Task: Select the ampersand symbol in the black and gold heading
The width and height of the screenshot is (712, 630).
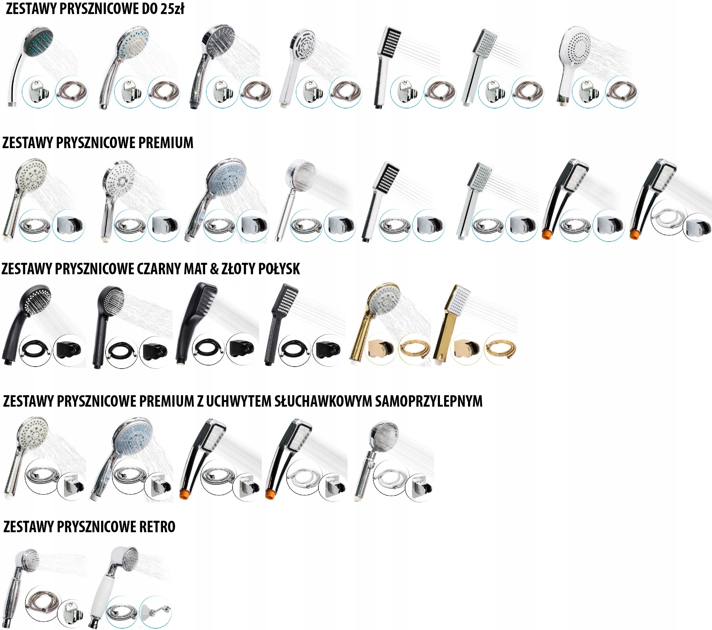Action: tap(215, 269)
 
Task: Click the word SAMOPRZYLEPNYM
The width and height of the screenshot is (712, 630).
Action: tap(429, 401)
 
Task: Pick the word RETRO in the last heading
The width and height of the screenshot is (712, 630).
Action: tap(157, 526)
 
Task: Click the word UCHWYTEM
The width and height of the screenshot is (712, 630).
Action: tap(239, 401)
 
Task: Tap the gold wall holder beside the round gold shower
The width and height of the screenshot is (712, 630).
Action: tap(381, 348)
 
